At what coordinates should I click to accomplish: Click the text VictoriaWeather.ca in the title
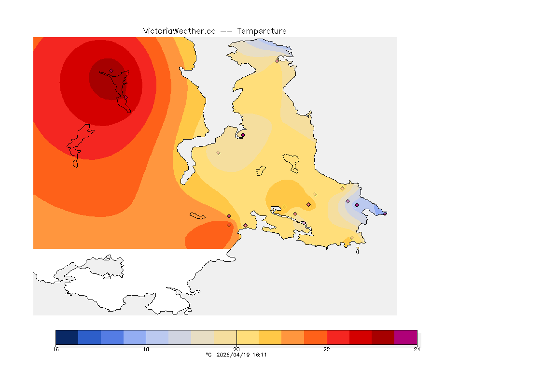pyautogui.click(x=179, y=31)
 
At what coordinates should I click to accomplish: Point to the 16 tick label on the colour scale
pyautogui.click(x=56, y=349)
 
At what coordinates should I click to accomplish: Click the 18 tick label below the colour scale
pyautogui.click(x=146, y=349)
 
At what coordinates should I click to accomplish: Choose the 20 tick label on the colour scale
pyautogui.click(x=236, y=349)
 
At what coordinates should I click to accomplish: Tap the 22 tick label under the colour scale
pyautogui.click(x=327, y=349)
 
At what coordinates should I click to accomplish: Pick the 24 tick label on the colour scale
pyautogui.click(x=417, y=349)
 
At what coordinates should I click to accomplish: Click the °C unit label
pyautogui.click(x=209, y=355)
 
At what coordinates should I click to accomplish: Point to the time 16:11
pyautogui.click(x=260, y=355)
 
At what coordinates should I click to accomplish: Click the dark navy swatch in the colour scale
pyautogui.click(x=67, y=337)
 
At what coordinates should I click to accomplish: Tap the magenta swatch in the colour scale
pyautogui.click(x=405, y=337)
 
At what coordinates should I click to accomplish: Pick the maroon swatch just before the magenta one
pyautogui.click(x=383, y=337)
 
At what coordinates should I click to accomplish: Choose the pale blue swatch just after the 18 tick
pyautogui.click(x=157, y=337)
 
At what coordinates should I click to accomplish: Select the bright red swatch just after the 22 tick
pyautogui.click(x=338, y=337)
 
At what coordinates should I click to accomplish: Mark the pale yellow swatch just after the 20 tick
pyautogui.click(x=248, y=337)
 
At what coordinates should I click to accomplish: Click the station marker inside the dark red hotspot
pyautogui.click(x=111, y=71)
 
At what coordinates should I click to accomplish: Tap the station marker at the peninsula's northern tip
pyautogui.click(x=277, y=61)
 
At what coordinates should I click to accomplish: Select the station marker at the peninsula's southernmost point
pyautogui.click(x=351, y=238)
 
